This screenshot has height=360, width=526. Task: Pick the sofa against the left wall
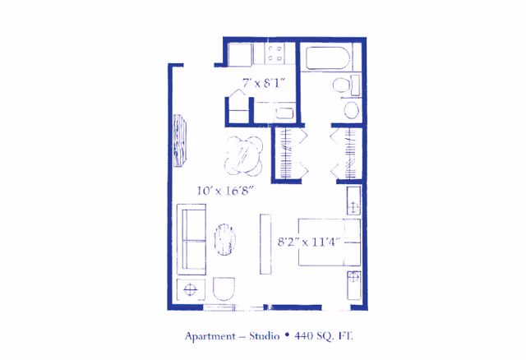pyautogui.click(x=192, y=241)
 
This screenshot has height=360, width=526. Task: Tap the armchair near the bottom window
pyautogui.click(x=224, y=288)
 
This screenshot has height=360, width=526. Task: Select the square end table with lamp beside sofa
pyautogui.click(x=191, y=289)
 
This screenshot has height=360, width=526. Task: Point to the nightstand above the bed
pyautogui.click(x=353, y=201)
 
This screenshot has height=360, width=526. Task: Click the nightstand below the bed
pyautogui.click(x=353, y=285)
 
